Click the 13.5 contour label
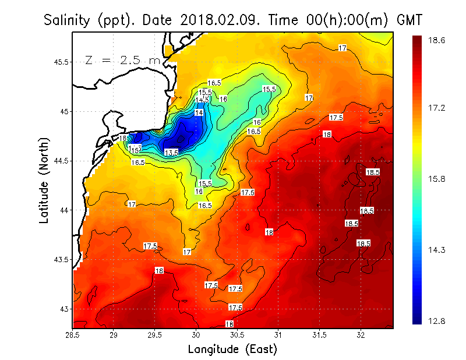[171, 153]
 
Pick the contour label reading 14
[199, 112]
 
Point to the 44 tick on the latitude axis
[64, 210]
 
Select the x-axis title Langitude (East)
[232, 350]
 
